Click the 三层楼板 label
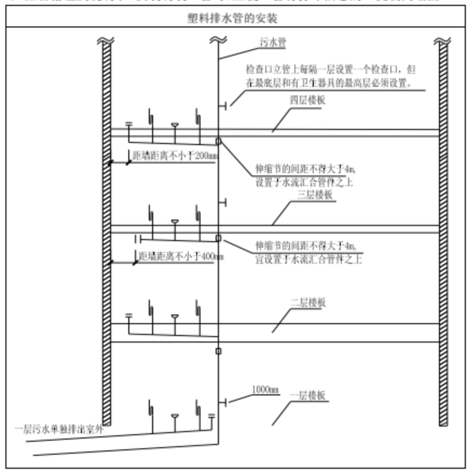coord(315,194)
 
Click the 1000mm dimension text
coord(265,389)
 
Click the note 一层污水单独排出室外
coord(58,430)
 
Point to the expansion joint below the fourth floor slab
coord(218,141)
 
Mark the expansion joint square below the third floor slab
coord(218,238)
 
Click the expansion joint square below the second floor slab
coord(218,351)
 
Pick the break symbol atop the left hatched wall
coord(106,40)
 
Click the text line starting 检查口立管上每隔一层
coord(331,70)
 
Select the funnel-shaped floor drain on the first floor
coord(175,416)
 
